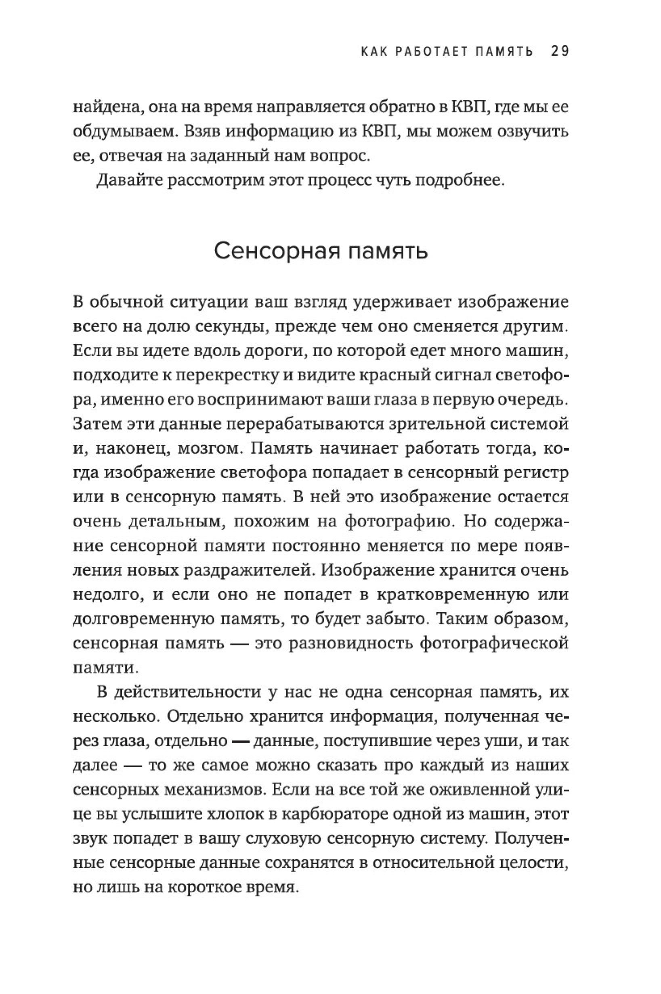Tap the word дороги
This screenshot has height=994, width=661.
click(262, 352)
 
